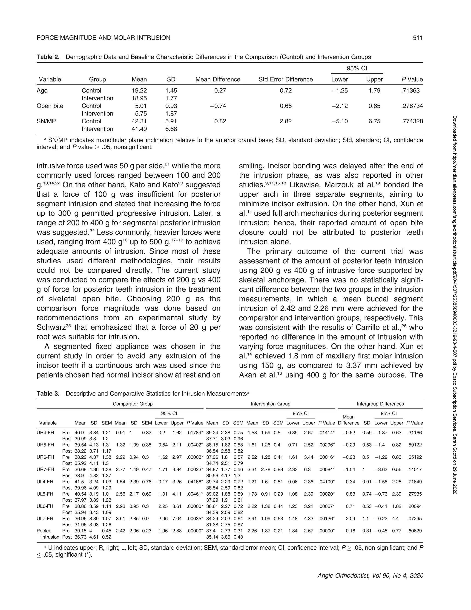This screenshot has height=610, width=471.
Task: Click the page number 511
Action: tap(418, 38)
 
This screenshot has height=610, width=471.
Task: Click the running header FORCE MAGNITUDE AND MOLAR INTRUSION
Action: tap(103, 38)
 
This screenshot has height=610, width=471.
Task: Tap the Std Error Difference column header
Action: tap(286, 79)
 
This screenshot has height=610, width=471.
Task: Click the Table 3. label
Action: tap(48, 394)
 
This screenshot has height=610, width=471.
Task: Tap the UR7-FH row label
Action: tap(45, 470)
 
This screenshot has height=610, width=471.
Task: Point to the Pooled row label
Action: tap(44, 531)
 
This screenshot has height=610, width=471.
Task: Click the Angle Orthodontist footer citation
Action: tap(370, 576)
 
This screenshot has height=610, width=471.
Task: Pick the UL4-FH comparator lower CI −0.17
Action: tap(161, 482)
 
